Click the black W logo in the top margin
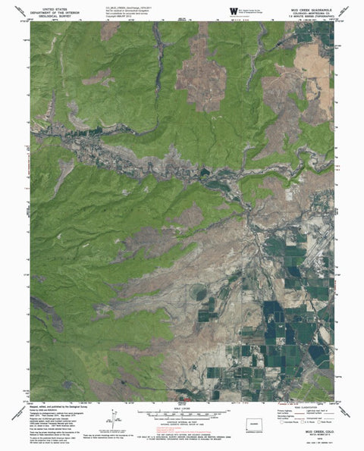click(232, 10)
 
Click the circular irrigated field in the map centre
click(200, 292)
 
